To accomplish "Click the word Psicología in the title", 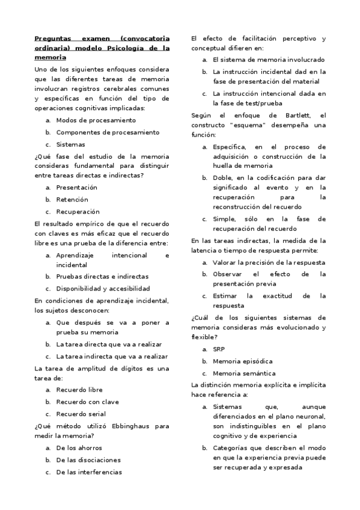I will coord(121,48).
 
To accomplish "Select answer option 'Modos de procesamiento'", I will coord(87,120).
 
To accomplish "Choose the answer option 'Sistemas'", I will coord(70,144).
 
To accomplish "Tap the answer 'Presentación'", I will coord(77,188).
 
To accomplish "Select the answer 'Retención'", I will coord(72,200).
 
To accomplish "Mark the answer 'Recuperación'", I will coord(78,212).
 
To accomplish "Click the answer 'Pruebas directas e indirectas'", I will coord(102,277).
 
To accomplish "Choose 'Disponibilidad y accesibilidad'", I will coord(103,289).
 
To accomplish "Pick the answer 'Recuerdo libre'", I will coord(79,390).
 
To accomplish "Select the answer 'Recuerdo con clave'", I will coord(87,402).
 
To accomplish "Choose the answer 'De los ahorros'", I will coord(79,448).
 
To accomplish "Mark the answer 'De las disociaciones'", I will coord(88,460).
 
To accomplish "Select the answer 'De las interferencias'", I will coord(89,472).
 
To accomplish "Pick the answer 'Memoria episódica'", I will coord(242,361).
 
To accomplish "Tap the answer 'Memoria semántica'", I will coord(243,373).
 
